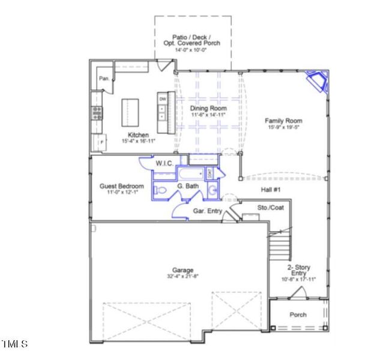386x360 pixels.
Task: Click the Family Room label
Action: pos(283,121)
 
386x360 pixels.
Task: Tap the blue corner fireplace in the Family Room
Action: pos(316,81)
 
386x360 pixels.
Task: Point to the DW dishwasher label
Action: pos(162,98)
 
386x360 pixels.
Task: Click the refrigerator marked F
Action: pos(99,143)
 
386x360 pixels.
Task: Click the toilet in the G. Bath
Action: pos(160,191)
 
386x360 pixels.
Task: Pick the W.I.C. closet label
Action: pos(164,163)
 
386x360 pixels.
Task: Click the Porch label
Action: pos(298,314)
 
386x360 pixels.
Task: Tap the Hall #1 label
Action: pos(271,189)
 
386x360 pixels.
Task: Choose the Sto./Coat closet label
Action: pos(270,208)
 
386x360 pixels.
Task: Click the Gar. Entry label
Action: pos(207,211)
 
